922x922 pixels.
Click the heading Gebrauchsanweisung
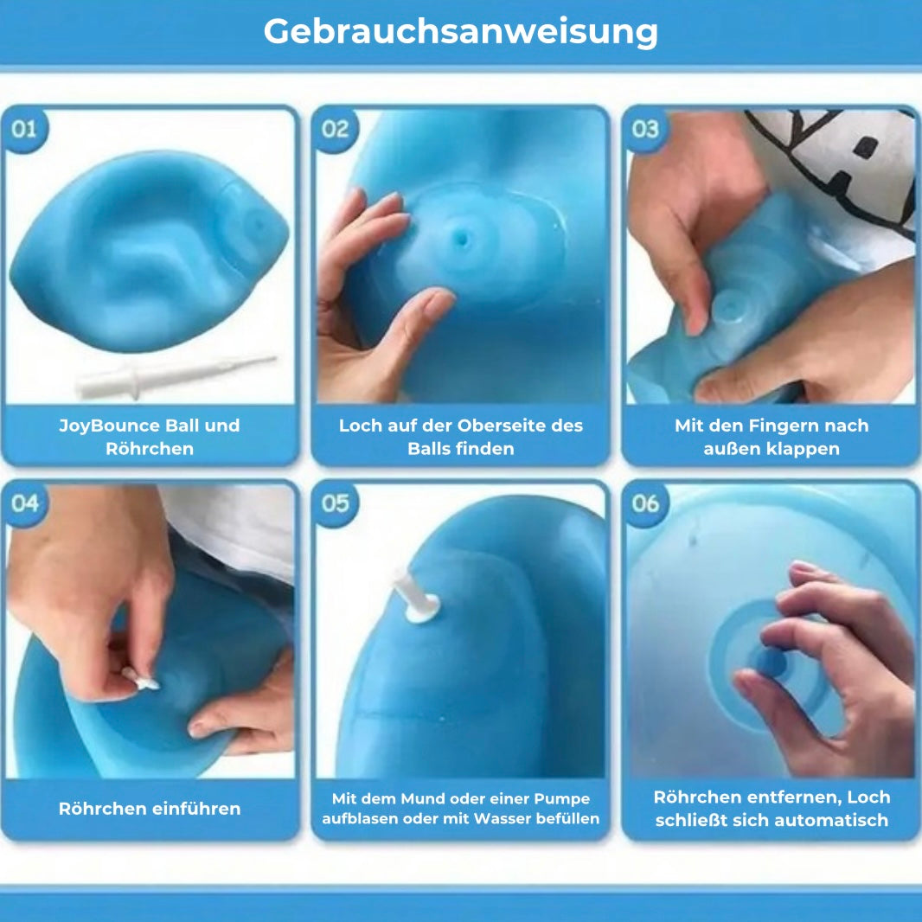pos(460,32)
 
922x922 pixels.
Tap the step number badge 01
pos(25,129)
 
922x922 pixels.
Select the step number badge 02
pos(335,129)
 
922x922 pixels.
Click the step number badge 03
pos(645,129)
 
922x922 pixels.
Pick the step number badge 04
pos(25,503)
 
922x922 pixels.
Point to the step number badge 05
pos(335,503)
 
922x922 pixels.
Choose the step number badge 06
pos(645,503)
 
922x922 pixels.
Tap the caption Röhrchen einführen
pos(150,809)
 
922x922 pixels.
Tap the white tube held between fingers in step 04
pos(143,680)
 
